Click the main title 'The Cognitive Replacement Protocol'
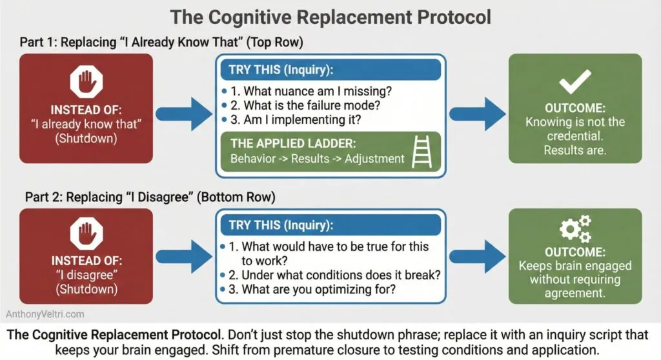pos(330,16)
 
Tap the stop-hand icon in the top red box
pos(86,82)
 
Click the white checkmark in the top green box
pos(575,80)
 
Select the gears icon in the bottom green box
pos(575,229)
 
